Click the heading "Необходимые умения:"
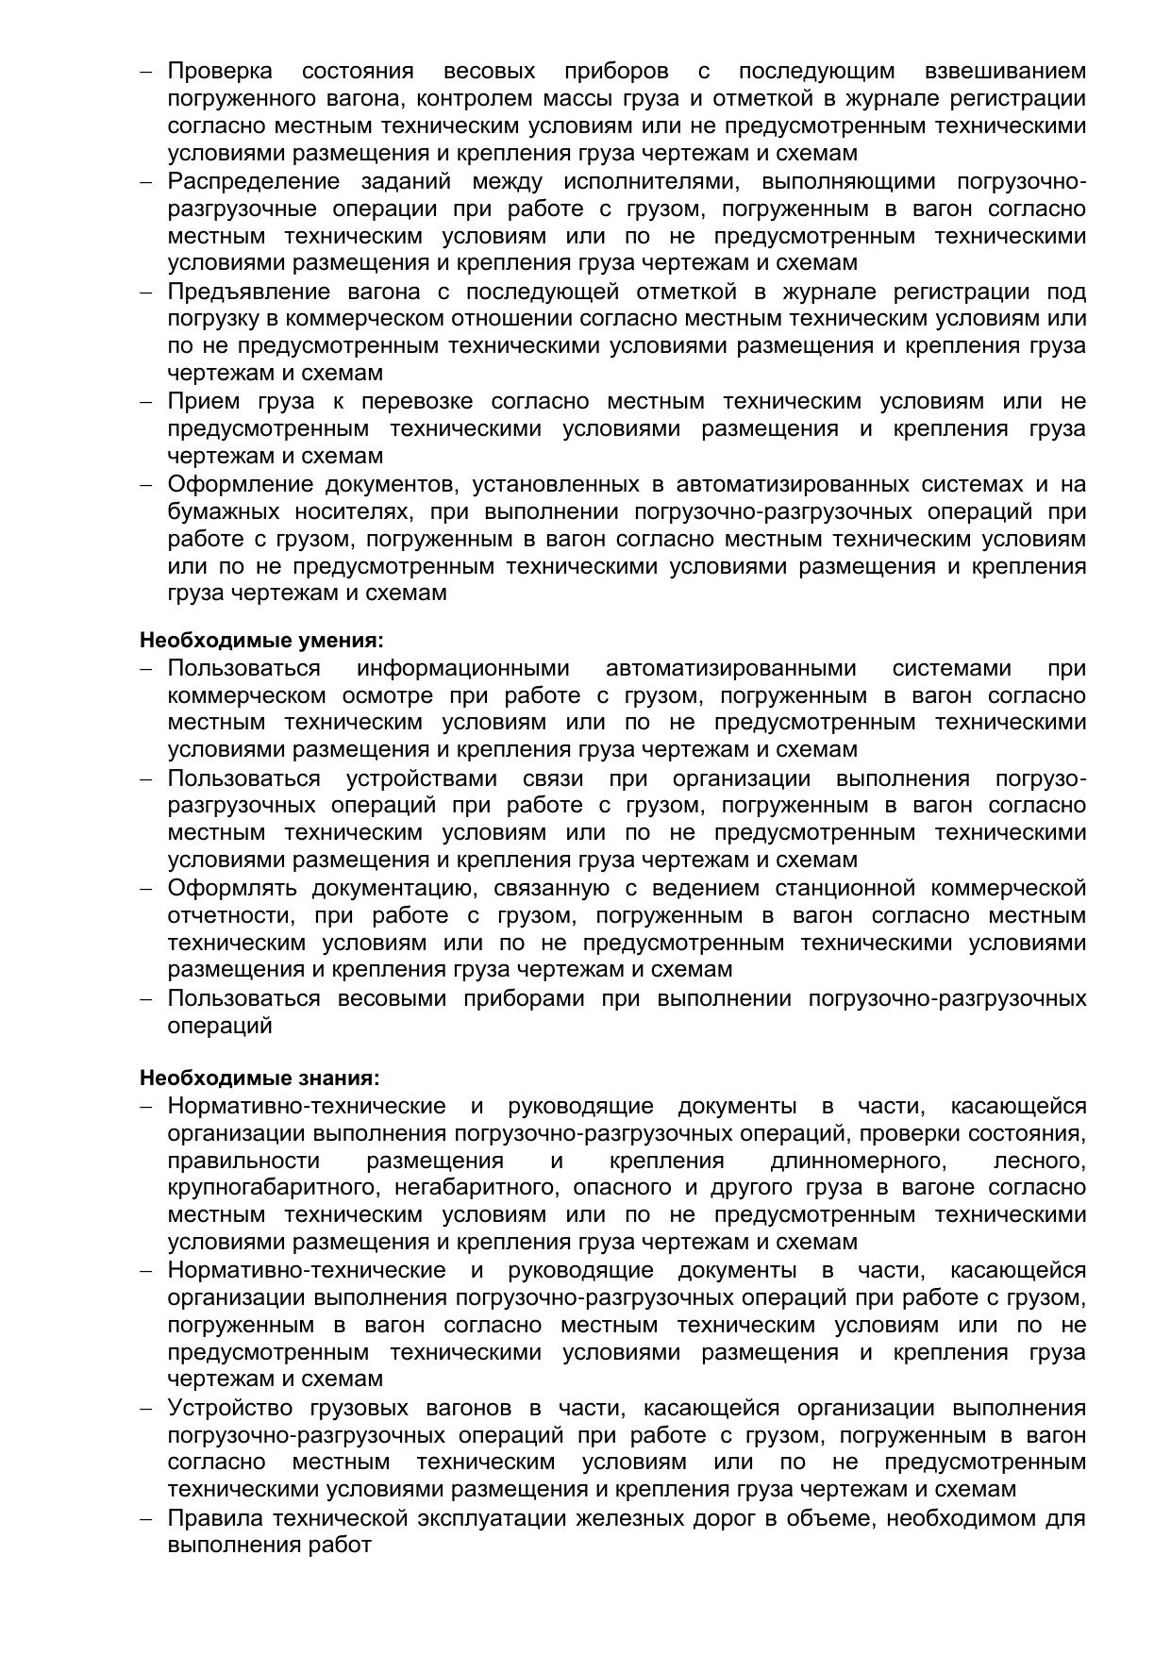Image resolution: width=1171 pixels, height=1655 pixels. coord(261,641)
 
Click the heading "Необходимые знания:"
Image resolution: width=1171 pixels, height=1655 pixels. coord(259,1078)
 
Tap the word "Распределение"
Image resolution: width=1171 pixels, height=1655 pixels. coord(253,181)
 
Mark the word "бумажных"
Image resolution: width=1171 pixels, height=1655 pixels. coord(224,512)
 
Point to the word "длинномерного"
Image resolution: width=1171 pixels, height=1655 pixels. coord(858,1161)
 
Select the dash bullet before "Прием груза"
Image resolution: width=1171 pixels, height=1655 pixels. coord(146,403)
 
